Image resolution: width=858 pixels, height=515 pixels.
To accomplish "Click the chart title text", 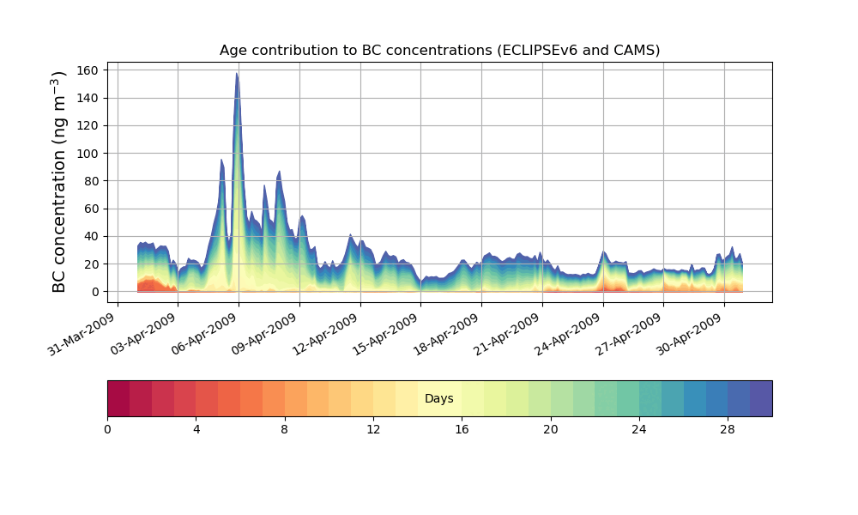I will [x=439, y=50].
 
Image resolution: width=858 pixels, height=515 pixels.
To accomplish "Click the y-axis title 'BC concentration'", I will [x=59, y=182].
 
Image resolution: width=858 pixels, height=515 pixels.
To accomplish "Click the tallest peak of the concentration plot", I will [x=237, y=75].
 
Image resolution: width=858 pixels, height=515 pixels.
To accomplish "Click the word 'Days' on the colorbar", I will [x=439, y=399].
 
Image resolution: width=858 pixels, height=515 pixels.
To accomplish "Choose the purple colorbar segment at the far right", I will [x=761, y=398].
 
